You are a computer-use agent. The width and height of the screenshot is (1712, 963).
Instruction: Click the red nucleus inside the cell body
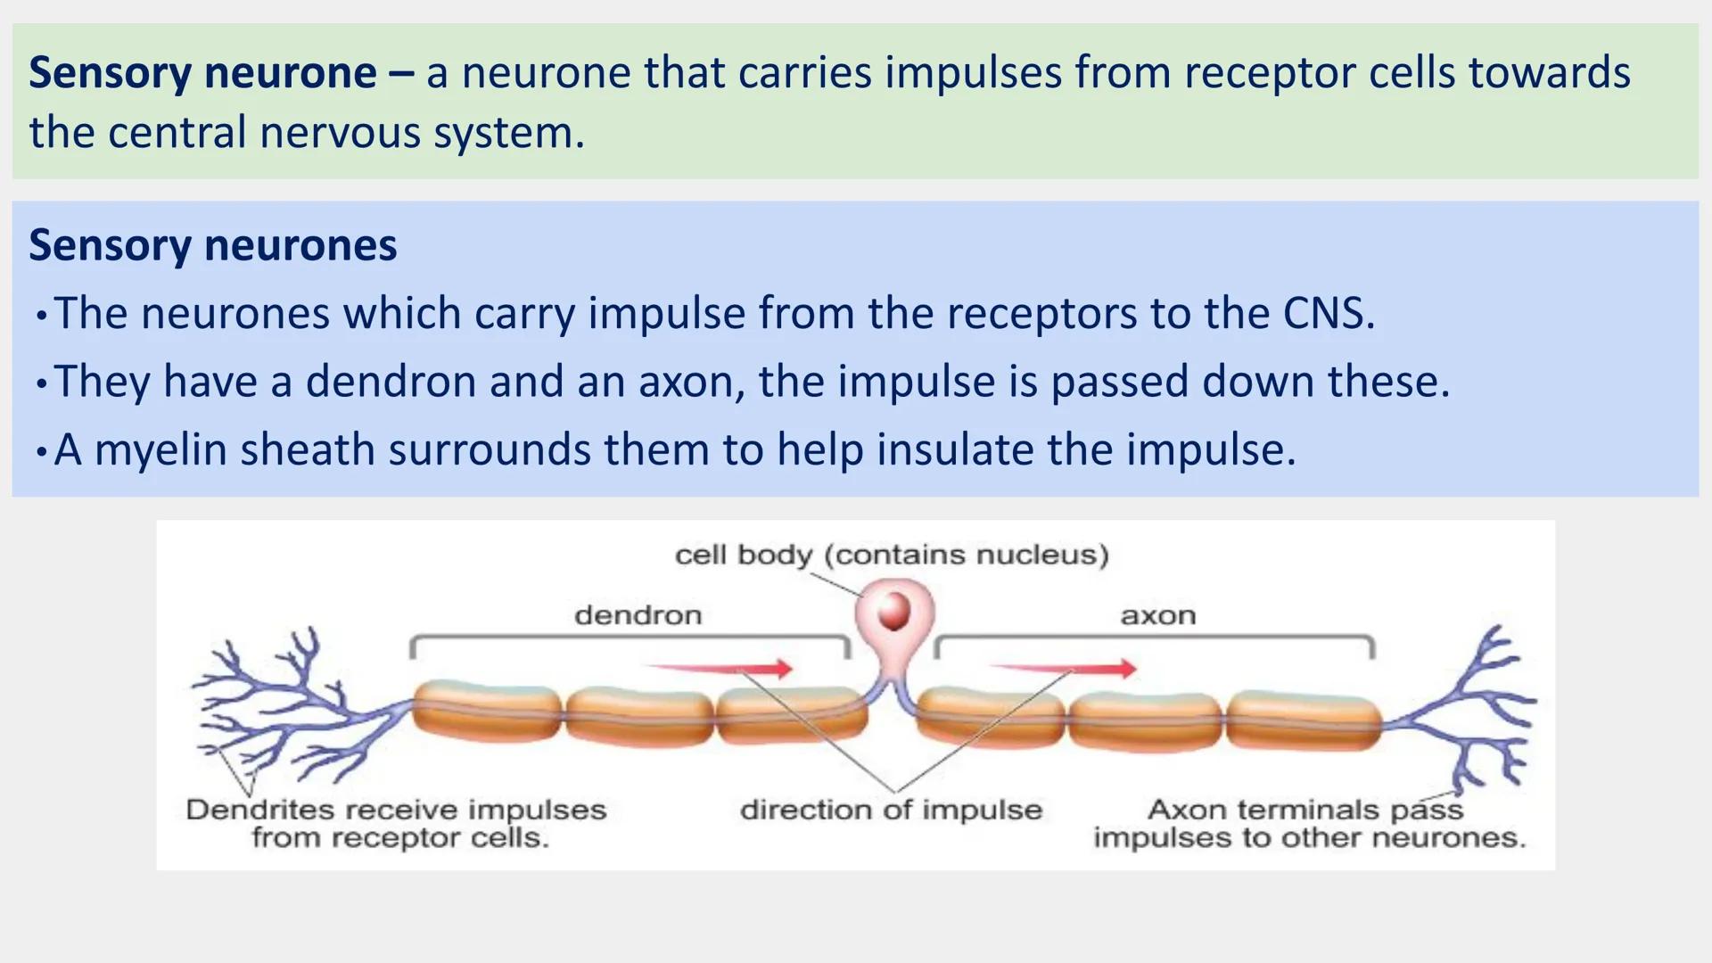893,612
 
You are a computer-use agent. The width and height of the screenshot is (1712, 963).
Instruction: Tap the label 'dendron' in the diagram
638,615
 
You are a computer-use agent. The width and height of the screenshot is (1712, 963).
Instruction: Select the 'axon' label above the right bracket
1157,615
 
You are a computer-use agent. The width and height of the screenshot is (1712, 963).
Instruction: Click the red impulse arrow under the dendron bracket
719,668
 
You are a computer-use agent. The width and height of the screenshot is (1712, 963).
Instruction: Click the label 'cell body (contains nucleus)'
892,555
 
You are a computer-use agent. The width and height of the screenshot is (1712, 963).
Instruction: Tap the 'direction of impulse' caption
891,810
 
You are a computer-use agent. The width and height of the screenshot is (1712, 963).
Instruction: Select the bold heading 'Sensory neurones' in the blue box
213,245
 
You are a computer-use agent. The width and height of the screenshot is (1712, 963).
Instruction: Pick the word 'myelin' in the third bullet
160,449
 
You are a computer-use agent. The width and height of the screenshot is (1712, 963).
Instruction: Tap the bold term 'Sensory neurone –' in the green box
220,73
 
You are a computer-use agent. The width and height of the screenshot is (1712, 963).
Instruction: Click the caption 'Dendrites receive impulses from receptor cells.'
396,823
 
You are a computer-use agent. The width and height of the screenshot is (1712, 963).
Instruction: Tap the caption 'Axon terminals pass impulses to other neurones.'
1308,823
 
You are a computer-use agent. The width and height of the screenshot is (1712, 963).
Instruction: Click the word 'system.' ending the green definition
508,133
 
